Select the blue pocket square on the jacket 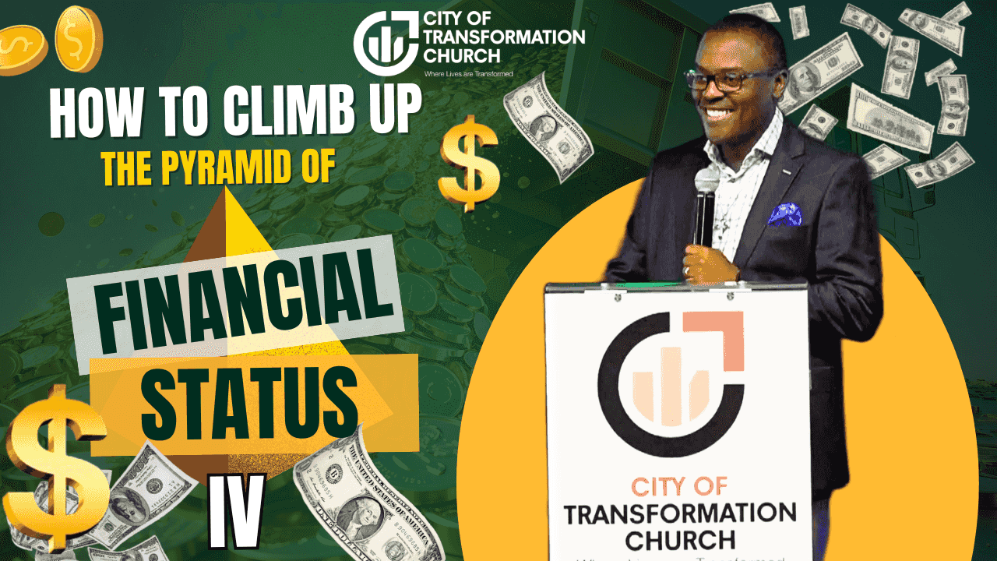pyautogui.click(x=784, y=213)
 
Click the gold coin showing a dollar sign pyautogui.click(x=79, y=37)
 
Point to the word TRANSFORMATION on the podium pyautogui.click(x=680, y=514)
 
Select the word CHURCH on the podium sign pyautogui.click(x=680, y=539)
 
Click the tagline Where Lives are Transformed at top pyautogui.click(x=468, y=73)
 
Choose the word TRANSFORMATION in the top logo pyautogui.click(x=502, y=36)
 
